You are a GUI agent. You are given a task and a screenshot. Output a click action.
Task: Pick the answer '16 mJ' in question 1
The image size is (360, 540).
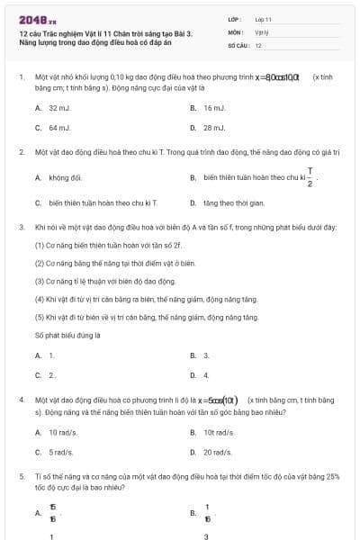(213, 107)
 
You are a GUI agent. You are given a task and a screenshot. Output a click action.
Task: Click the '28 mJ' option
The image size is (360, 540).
(213, 128)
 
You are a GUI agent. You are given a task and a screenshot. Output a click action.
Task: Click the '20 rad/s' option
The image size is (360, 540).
(219, 452)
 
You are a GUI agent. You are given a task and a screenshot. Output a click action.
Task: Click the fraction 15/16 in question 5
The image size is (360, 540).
(52, 513)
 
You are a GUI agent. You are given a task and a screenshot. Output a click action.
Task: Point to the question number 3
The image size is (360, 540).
(21, 228)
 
